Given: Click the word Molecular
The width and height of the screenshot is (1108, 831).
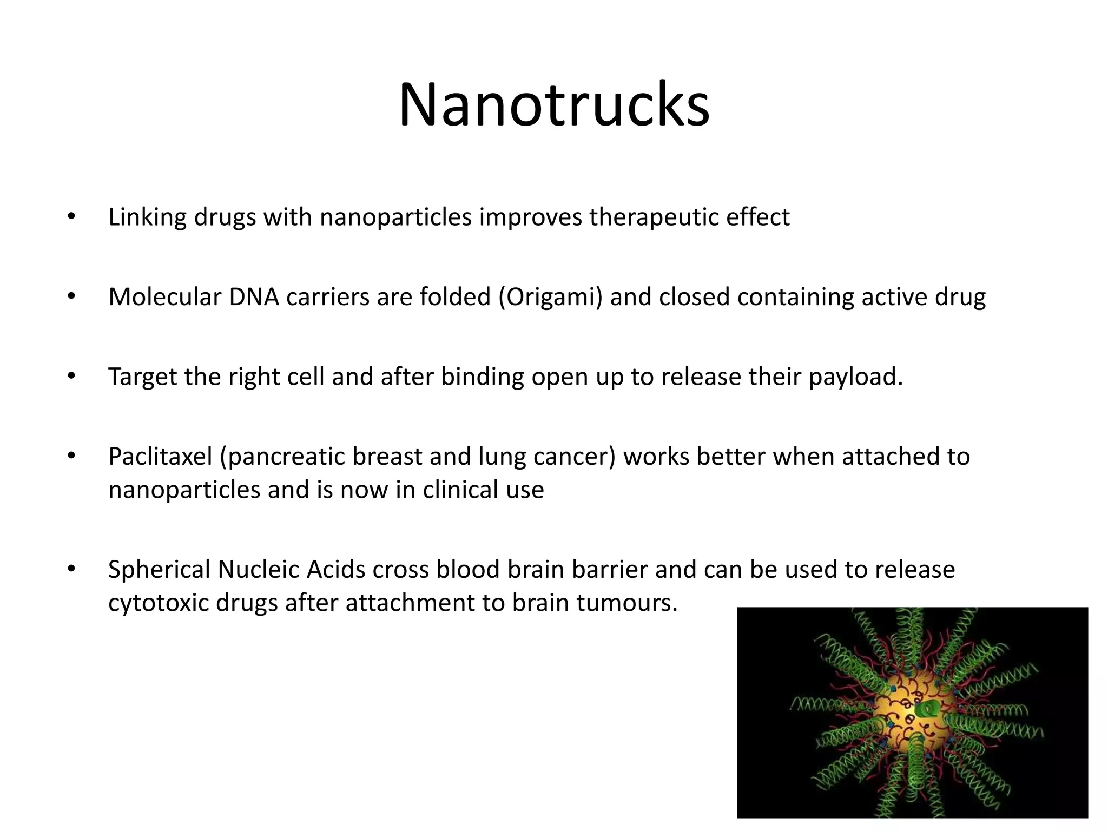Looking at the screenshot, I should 164,297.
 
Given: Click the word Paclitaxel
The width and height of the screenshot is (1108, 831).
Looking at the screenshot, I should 160,457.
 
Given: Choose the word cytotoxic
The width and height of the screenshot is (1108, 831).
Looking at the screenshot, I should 157,603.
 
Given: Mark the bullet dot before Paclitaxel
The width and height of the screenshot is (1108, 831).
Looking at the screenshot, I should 71,456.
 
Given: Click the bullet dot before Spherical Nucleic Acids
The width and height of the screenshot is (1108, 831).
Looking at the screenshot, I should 71,569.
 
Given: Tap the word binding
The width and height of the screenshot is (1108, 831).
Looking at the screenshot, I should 482,377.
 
